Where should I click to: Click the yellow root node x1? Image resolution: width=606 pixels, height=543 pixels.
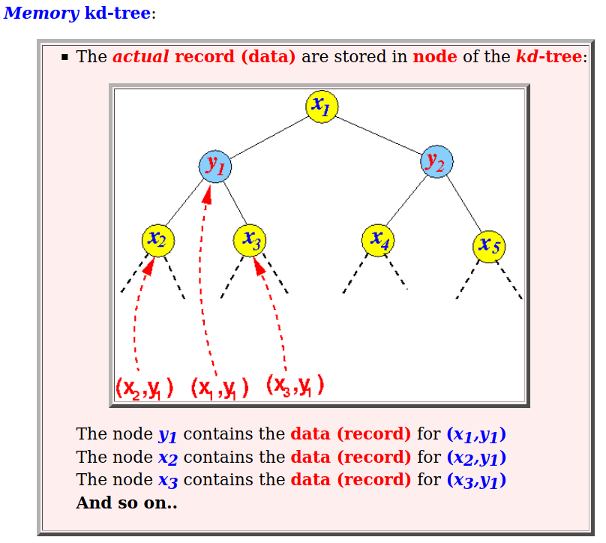[x=322, y=106]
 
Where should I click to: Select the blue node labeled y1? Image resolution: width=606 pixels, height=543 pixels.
[x=215, y=166]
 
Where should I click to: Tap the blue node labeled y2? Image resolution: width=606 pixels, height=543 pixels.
[x=436, y=161]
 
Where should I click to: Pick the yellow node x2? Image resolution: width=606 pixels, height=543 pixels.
[x=158, y=241]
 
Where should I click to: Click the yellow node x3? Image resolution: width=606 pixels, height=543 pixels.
[x=250, y=241]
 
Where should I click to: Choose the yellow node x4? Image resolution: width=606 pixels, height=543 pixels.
[x=378, y=241]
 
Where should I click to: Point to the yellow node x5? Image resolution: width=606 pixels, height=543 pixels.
[x=489, y=247]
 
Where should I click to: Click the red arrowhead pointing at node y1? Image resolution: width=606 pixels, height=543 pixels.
[x=208, y=194]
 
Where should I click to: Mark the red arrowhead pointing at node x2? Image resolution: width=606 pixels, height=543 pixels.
[x=149, y=266]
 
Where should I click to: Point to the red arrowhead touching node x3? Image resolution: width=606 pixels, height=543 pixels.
[x=259, y=266]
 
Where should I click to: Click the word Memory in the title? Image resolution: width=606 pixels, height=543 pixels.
[x=41, y=13]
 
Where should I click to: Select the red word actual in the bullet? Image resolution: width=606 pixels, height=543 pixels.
[x=141, y=56]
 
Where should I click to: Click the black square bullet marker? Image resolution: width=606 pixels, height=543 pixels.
[x=64, y=58]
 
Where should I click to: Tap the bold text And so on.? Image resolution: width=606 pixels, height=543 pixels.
[x=127, y=502]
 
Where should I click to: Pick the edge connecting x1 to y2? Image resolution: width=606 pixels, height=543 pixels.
[x=379, y=135]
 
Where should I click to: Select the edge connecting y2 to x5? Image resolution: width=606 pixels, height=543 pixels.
[x=463, y=204]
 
